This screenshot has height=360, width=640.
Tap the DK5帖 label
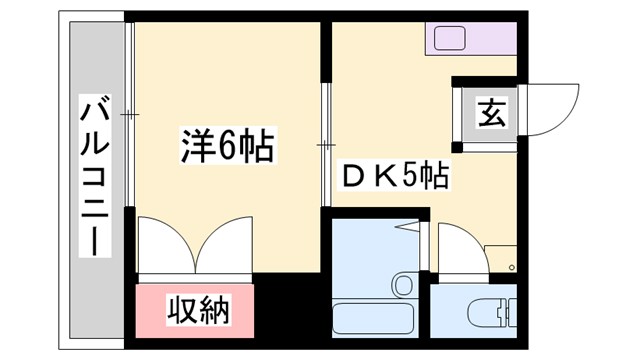[x=395, y=177]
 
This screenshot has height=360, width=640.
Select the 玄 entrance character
[x=489, y=113]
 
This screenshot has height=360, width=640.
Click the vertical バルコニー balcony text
[x=96, y=176]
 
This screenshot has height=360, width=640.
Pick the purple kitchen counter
[x=470, y=40]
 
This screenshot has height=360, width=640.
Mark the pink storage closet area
[x=196, y=311]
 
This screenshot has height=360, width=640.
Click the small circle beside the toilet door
[x=511, y=268]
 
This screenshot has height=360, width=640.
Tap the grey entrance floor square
[x=489, y=113]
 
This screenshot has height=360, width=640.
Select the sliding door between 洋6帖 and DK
[x=325, y=145]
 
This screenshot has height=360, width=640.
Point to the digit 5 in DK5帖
[x=411, y=177]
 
